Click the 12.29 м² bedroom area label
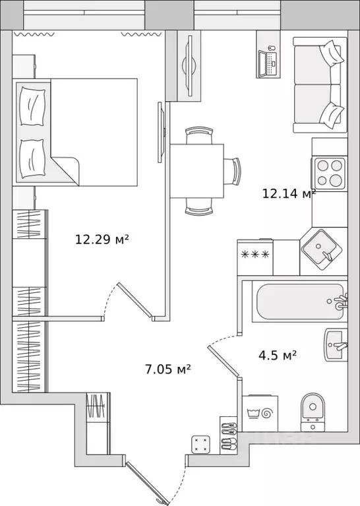pos(102,239)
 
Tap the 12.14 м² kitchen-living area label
pos(289,193)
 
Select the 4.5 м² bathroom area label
pos(278,356)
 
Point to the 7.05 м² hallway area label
pos(167,369)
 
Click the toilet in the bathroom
pos(313,412)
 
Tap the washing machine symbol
pos(260,414)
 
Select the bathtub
pos(299,301)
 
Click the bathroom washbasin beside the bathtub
pos(336,345)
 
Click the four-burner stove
pos(329,173)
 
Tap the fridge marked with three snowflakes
pos(255,257)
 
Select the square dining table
pos(197,171)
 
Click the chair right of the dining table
pos(233,172)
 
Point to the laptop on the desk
pos(267,62)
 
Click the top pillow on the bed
pos(32,106)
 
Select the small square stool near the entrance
pos(200,444)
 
